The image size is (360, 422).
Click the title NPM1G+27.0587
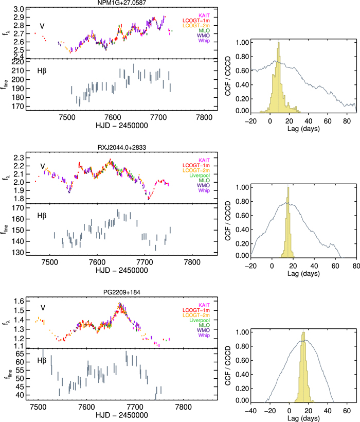114,3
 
